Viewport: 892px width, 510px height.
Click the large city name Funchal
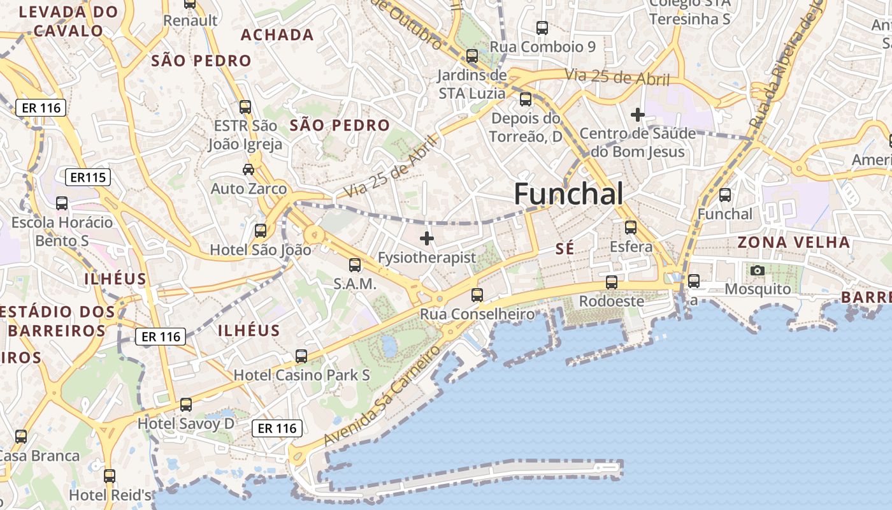[x=568, y=193]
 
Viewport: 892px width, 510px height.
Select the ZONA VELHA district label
[x=794, y=242]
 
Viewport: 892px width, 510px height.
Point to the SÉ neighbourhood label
[x=565, y=249]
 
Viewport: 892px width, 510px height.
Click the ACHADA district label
[x=277, y=35]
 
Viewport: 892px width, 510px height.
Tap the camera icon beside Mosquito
[x=757, y=270]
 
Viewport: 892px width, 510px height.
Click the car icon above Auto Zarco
[x=248, y=169]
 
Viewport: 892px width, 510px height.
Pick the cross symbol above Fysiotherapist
[x=426, y=239]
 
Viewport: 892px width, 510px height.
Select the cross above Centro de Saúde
[x=637, y=115]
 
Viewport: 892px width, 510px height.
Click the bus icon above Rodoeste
[x=612, y=282]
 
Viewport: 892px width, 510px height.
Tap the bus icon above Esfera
[x=631, y=227]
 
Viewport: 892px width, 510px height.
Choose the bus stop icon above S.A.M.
[x=355, y=265]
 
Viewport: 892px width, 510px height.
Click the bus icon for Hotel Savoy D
[x=186, y=404]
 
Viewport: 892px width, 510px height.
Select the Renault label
[x=191, y=20]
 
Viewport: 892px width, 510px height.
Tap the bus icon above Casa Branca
[x=21, y=437]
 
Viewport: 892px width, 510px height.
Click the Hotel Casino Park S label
[x=302, y=375]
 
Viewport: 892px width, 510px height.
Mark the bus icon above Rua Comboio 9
[x=542, y=28]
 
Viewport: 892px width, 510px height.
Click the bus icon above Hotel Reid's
[x=110, y=476]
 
